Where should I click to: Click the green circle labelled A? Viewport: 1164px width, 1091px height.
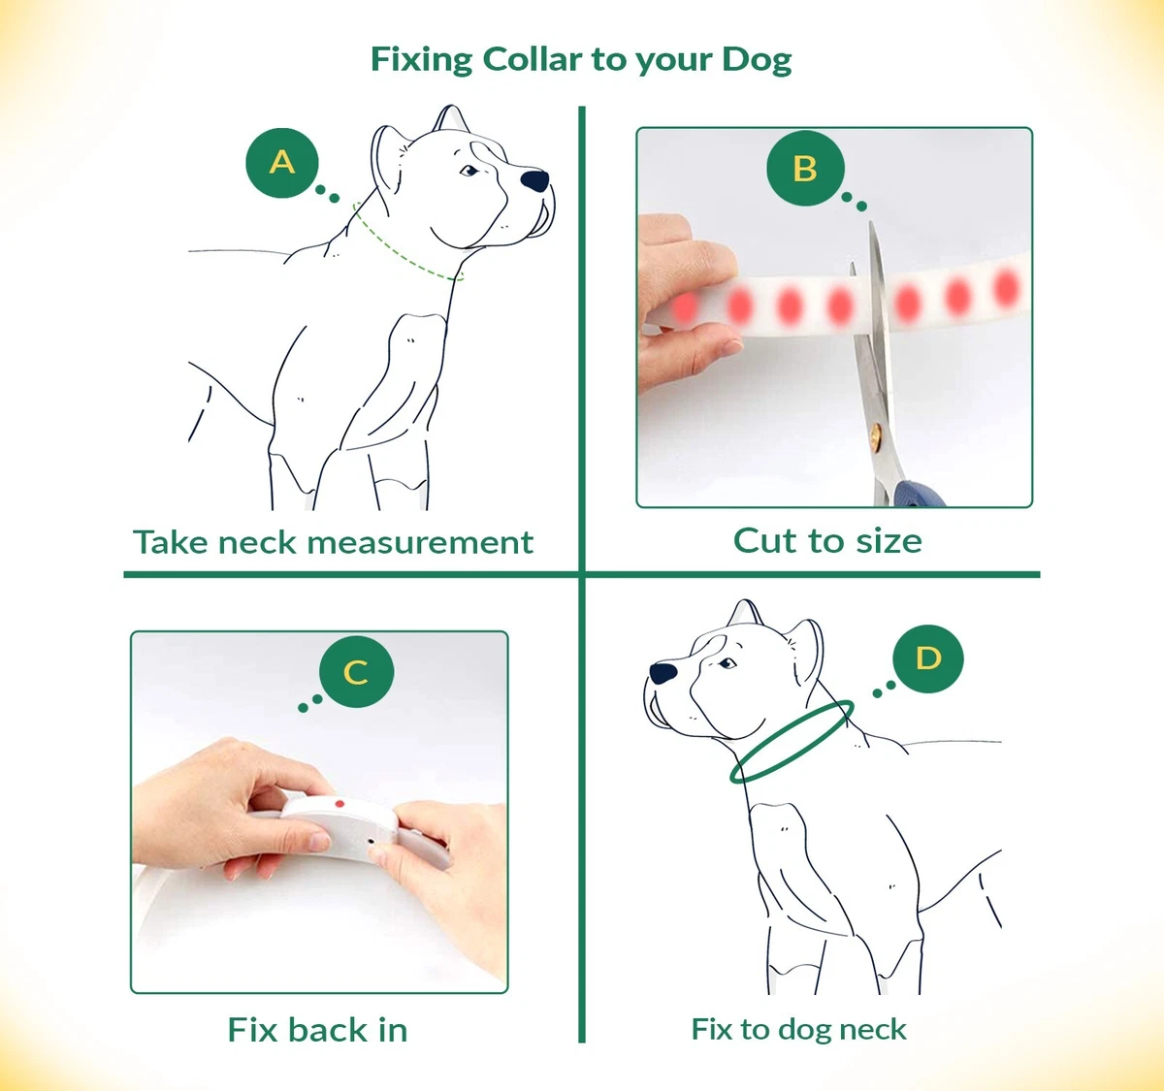(282, 163)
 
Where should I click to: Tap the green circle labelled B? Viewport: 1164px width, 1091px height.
(805, 168)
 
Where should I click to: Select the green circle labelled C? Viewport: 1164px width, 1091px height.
(356, 672)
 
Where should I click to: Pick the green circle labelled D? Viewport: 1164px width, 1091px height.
(927, 658)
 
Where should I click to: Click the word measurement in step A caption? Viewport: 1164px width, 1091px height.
(420, 543)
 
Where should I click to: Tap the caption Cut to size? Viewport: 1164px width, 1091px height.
(827, 541)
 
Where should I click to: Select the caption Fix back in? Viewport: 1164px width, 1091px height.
(317, 1030)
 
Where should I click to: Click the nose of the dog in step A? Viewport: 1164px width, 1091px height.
(534, 180)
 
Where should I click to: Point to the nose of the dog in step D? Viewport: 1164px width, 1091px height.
(663, 672)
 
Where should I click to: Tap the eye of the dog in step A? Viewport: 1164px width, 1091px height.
(469, 171)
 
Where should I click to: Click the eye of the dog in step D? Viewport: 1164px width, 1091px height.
(727, 663)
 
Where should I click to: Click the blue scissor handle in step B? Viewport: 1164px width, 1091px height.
(918, 495)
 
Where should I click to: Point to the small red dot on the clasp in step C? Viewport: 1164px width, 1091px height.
(339, 803)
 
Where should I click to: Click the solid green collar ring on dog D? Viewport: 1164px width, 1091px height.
(756, 774)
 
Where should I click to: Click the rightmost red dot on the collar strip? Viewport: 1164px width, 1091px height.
(1007, 287)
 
